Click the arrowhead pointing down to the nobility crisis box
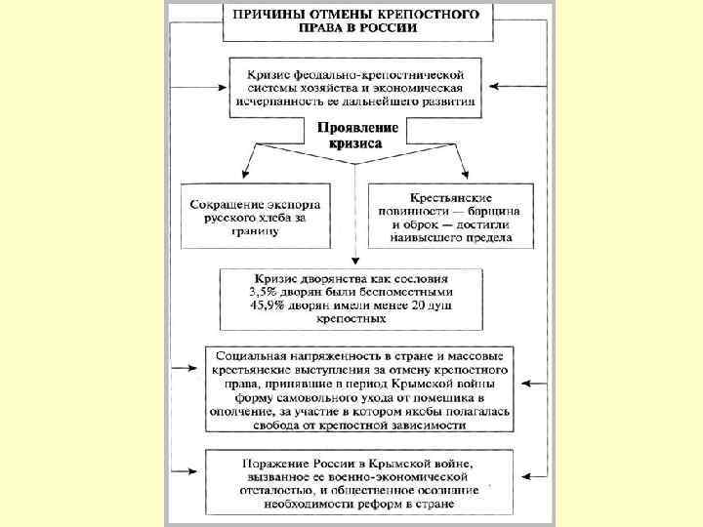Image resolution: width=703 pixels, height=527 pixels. pyautogui.click(x=355, y=263)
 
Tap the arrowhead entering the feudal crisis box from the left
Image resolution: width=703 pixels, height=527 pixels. pyautogui.click(x=219, y=86)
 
